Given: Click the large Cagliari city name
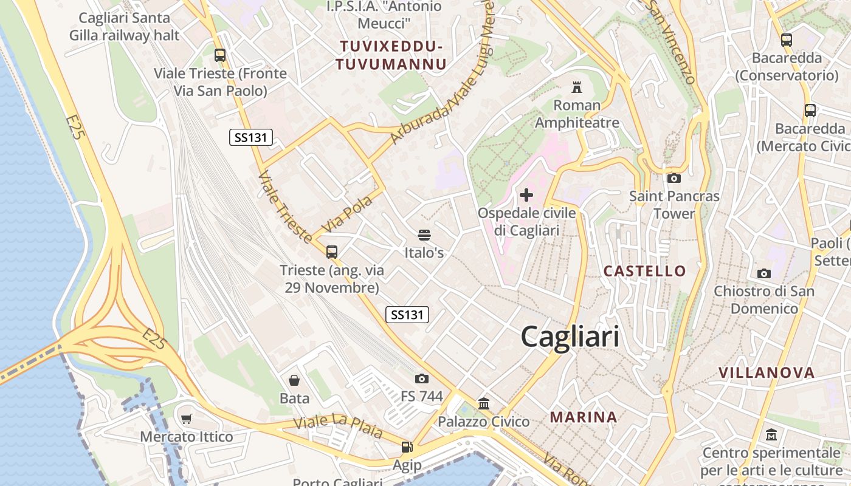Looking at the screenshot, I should (x=570, y=337).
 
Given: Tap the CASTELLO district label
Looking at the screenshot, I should (x=644, y=271).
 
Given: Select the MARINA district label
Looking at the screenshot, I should (x=584, y=417).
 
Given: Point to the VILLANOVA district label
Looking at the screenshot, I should (x=766, y=372).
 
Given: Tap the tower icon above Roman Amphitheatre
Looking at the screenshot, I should (x=576, y=87).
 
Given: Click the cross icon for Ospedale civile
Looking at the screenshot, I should (x=526, y=195).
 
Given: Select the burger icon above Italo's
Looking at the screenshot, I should (x=424, y=235).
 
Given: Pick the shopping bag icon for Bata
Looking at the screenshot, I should (x=294, y=380).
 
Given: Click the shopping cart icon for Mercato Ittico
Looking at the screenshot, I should (x=187, y=419).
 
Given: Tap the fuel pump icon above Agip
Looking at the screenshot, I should (x=407, y=447).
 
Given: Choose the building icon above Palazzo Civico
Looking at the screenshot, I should (x=484, y=403).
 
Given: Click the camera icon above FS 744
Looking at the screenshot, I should (x=422, y=378).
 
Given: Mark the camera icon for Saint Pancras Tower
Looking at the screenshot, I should (x=674, y=178).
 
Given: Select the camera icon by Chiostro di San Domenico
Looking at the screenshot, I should (x=764, y=273).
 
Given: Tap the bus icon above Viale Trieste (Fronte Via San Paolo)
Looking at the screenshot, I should (x=220, y=55).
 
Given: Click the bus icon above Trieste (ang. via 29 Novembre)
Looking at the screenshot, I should (x=332, y=252).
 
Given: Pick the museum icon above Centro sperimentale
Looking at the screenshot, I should (x=771, y=435).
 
